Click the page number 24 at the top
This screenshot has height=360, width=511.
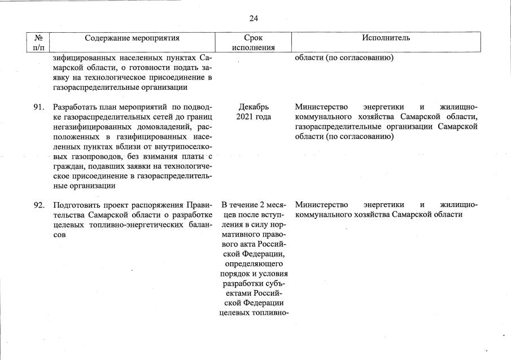254,19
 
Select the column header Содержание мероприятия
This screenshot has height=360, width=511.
132,38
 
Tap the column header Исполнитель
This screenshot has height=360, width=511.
387,38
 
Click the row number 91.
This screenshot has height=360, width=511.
38,107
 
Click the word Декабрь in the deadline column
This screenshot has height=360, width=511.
254,107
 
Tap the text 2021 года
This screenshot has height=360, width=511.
254,117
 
